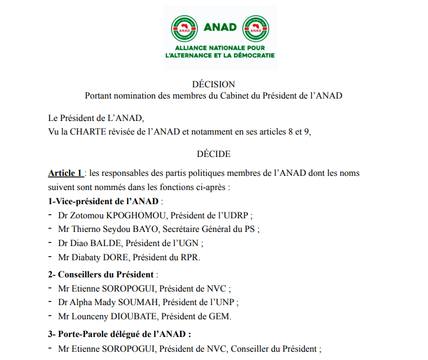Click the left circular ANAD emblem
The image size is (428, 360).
184,27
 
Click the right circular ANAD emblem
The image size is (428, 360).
256,27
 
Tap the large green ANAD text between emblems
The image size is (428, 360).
220,27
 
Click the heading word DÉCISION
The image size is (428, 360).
213,84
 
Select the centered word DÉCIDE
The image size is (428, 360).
214,154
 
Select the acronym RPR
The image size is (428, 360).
191,257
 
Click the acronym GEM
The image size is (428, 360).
221,317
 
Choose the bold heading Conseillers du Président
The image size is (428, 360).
107,274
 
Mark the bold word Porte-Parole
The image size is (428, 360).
83,334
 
